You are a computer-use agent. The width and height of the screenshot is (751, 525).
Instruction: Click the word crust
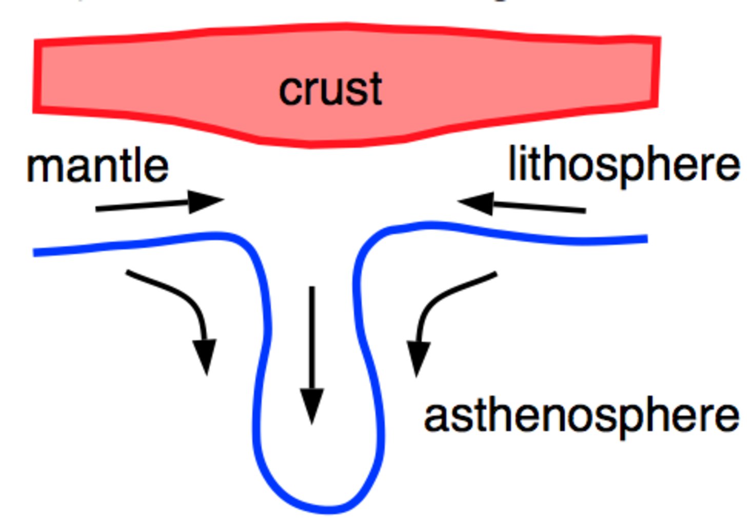(330, 89)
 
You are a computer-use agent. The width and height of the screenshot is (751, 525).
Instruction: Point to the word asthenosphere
(582, 417)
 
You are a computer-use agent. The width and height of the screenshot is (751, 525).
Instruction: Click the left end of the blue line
(33, 252)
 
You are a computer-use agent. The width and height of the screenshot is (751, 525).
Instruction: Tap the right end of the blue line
(647, 239)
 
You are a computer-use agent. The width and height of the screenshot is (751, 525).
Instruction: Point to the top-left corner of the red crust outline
(35, 40)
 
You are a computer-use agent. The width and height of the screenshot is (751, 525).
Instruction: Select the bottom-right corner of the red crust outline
(658, 107)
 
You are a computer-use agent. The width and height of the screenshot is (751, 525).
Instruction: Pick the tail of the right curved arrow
(497, 274)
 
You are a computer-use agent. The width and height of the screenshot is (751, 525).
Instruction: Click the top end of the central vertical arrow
(312, 287)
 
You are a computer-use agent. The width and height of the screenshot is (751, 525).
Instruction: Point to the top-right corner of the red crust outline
(660, 37)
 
